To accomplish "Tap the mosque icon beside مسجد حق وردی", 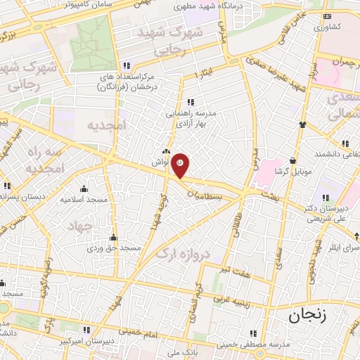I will click(112, 237).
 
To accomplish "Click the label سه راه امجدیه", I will click(44, 160).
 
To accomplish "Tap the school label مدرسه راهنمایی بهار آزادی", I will click(192, 117).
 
